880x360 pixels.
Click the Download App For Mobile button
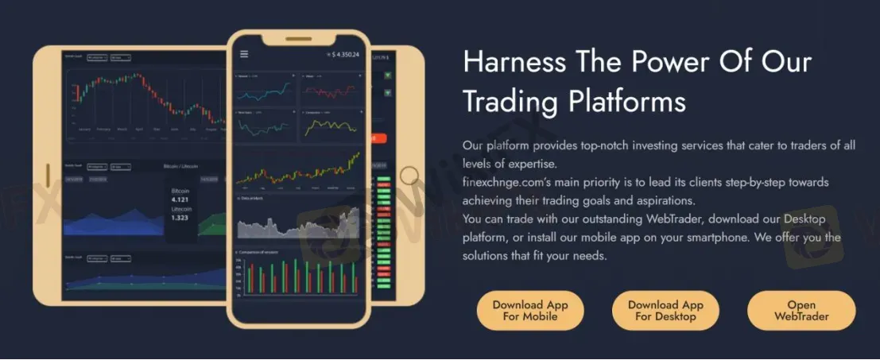tap(529, 311)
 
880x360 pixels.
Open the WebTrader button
tap(801, 311)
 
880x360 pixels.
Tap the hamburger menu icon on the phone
tap(244, 54)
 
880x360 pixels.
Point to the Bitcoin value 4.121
tap(180, 200)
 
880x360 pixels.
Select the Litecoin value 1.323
tap(180, 217)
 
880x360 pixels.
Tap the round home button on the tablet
tap(409, 176)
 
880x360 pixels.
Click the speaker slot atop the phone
tap(298, 39)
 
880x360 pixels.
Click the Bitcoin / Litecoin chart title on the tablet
tap(180, 167)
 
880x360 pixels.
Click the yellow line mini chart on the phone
tap(328, 126)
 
